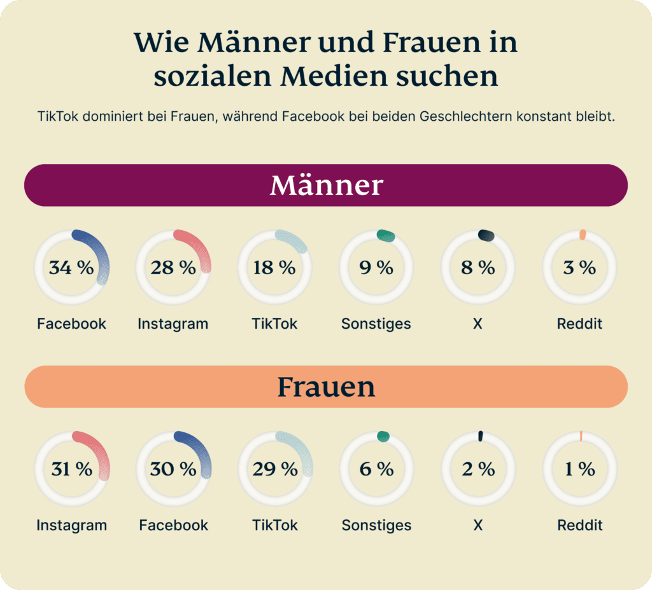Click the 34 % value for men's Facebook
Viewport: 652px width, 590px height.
coord(71,268)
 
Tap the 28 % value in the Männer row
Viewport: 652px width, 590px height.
coord(173,268)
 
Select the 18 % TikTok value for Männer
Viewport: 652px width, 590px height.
coord(274,268)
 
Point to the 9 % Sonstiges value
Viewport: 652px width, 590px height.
coord(376,268)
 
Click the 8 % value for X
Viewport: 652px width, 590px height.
coord(478,268)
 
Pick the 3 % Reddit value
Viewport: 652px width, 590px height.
coord(579,268)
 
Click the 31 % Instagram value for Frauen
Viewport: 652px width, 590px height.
coord(71,469)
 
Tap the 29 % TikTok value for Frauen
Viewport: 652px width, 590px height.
coord(274,469)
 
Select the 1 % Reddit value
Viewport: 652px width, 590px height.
coord(579,469)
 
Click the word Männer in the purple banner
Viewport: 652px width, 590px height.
coord(326,185)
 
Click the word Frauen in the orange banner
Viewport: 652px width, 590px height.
coord(326,387)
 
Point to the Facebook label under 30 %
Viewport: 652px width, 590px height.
coord(173,525)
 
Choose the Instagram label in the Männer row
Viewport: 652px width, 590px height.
coord(173,324)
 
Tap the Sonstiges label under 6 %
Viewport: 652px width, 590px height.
coord(376,525)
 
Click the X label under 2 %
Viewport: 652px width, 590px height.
coord(478,525)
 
